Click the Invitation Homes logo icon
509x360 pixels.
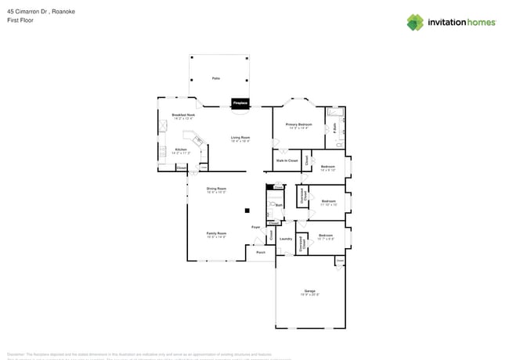coord(414,23)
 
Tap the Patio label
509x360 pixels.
coord(215,78)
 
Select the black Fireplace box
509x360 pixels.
coord(240,103)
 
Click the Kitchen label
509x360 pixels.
coord(181,149)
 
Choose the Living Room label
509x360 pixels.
coord(240,138)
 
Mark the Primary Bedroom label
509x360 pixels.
coord(298,124)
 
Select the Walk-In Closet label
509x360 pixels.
coord(287,160)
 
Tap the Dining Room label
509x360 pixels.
coord(216,189)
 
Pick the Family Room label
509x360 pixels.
coord(216,233)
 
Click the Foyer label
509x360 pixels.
coord(255,227)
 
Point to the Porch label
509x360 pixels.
coord(261,253)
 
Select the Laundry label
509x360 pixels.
coord(286,239)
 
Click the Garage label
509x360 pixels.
coord(310,291)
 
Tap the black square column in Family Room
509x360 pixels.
coord(247,210)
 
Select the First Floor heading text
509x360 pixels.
coord(20,21)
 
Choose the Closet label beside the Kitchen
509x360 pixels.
coord(181,167)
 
